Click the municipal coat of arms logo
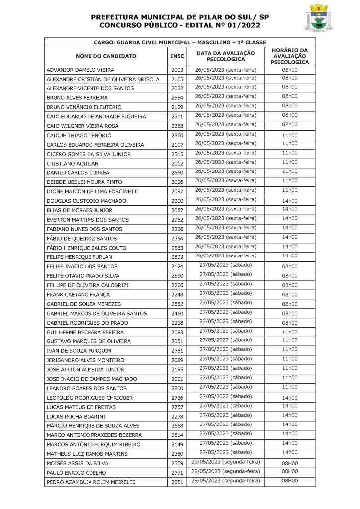tap(319, 18)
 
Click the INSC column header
tap(177, 56)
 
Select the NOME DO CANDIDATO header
tap(106, 56)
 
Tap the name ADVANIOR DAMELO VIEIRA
tap(81, 70)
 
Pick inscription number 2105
tap(177, 80)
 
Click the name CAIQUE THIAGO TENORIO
tap(79, 136)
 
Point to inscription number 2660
tap(177, 173)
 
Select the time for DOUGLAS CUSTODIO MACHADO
tap(290, 201)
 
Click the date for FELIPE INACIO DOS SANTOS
tap(225, 265)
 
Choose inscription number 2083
tap(177, 332)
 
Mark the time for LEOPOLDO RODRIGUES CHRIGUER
tap(290, 398)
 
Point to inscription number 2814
tap(177, 435)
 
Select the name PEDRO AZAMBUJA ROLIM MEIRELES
tap(91, 482)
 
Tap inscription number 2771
tap(177, 473)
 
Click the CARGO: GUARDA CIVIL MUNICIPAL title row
tap(180, 43)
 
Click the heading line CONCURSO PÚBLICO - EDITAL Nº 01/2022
tap(180, 25)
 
